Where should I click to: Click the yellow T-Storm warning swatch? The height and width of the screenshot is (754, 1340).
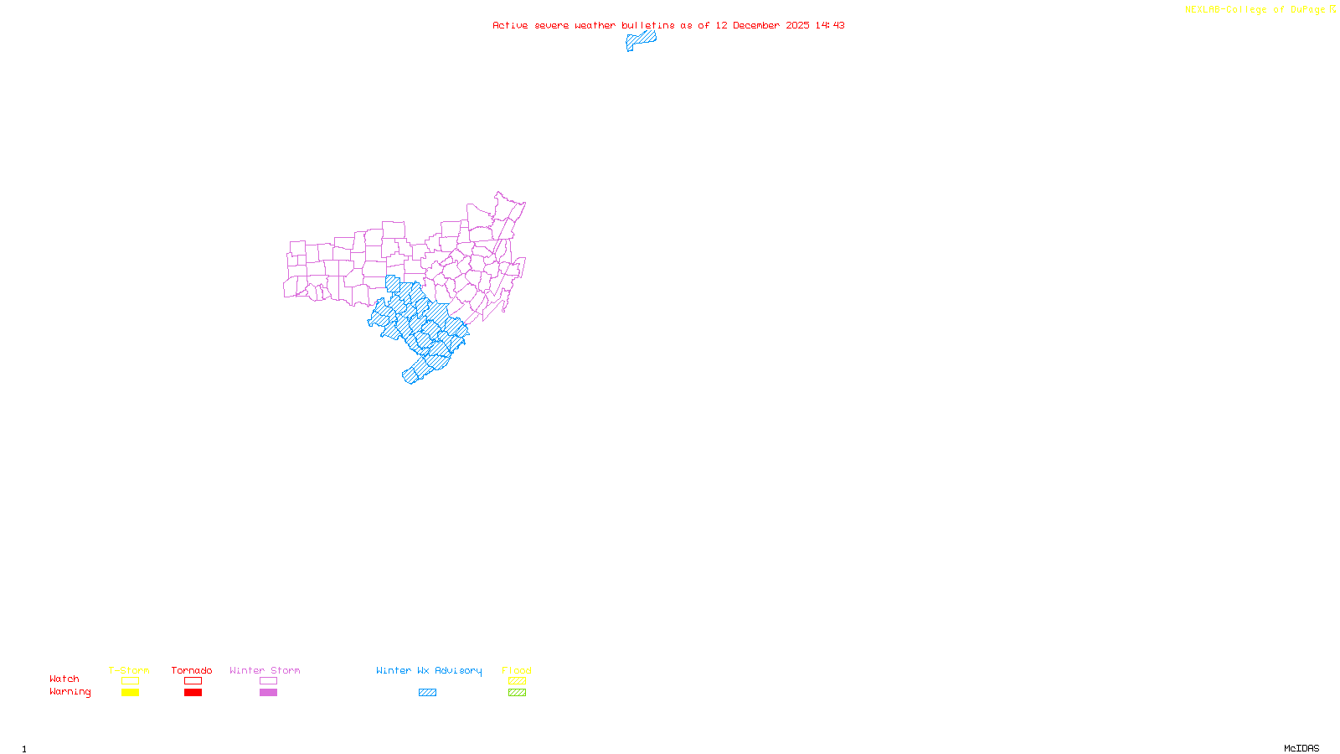point(130,693)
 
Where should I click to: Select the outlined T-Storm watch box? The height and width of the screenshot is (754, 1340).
point(130,681)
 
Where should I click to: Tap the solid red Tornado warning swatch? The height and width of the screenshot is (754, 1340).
point(193,693)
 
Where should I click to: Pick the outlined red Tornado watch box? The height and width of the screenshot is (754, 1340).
point(193,681)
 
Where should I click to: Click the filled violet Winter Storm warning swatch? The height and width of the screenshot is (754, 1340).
point(268,693)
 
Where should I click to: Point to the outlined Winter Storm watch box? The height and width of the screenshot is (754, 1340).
point(268,681)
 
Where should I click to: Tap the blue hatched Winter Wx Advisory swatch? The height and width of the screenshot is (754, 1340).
point(427,693)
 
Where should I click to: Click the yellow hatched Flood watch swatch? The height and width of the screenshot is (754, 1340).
point(517,681)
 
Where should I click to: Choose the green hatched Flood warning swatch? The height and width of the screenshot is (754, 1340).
point(517,693)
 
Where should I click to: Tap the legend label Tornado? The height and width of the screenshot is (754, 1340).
point(192,670)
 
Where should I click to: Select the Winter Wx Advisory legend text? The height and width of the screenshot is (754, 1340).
point(429,670)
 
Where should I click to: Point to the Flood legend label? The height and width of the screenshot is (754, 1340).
point(517,670)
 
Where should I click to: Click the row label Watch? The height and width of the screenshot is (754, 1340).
point(64,679)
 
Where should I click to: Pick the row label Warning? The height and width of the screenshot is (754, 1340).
point(70,692)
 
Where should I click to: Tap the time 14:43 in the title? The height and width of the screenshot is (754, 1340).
point(830,25)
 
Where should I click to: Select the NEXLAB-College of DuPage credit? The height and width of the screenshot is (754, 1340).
point(1255,10)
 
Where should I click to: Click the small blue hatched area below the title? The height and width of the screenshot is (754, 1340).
point(641,39)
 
